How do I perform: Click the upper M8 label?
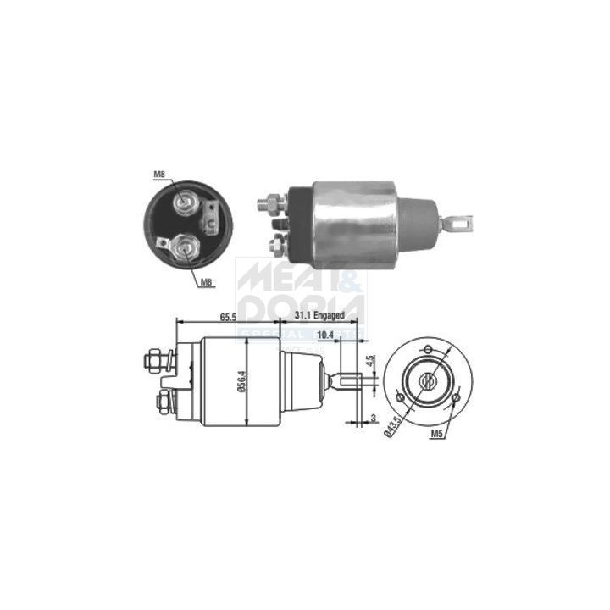coord(159,175)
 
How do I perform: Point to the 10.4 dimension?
coord(324,336)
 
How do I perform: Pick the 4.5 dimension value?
coord(369,359)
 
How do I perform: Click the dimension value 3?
coord(373,418)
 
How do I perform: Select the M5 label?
coord(437,434)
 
